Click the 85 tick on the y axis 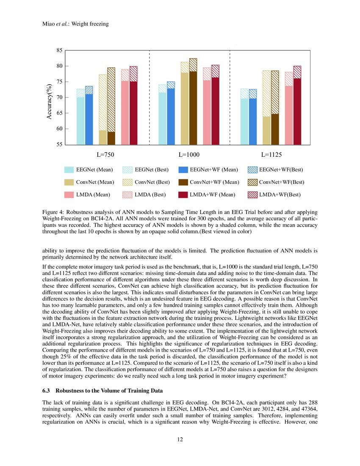click(x=59, y=50)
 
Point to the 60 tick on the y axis click(x=59, y=129)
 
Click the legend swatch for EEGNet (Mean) click(x=69, y=170)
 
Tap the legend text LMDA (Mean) click(x=93, y=194)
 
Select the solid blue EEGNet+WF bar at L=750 click(x=89, y=119)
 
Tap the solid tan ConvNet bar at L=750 click(x=102, y=137)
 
